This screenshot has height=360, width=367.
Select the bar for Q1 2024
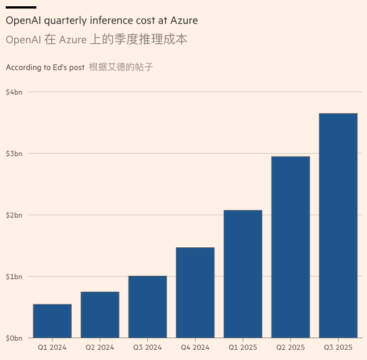click(52, 321)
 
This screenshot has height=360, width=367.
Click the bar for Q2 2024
click(100, 314)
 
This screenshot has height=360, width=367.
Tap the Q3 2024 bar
click(147, 306)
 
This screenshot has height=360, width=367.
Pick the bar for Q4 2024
click(195, 292)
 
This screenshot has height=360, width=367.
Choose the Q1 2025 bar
click(243, 273)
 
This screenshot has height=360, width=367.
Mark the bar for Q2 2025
click(291, 247)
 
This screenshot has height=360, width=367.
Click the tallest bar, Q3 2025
click(338, 225)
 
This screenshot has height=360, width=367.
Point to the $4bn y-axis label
click(14, 92)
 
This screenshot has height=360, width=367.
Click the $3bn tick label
click(14, 153)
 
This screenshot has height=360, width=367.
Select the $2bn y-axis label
click(14, 215)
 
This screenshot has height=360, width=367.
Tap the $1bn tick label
click(14, 276)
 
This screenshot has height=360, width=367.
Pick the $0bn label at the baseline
click(14, 338)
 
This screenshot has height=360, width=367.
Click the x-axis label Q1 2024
click(52, 347)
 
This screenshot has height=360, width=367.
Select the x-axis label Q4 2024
click(195, 347)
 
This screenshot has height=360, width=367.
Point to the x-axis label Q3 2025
click(338, 347)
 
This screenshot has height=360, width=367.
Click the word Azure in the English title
click(183, 21)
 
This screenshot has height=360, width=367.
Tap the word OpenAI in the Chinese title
click(22, 40)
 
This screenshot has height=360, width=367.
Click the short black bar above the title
click(21, 7)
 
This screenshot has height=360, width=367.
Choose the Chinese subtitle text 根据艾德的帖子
click(121, 67)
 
